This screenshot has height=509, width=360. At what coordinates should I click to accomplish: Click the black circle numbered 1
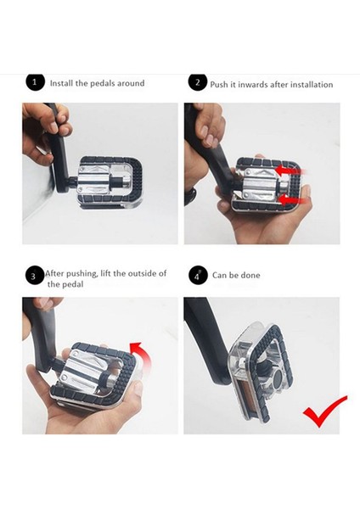(35, 82)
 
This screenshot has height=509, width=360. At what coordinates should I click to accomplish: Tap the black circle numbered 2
(198, 82)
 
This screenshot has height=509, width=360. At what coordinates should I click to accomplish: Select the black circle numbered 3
(35, 276)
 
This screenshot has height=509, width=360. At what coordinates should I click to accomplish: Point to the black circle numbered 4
(198, 276)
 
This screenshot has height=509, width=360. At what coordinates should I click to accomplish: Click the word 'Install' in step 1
(61, 83)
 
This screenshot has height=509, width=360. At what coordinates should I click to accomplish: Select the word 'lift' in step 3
(106, 273)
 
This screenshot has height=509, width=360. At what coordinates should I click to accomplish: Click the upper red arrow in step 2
(290, 170)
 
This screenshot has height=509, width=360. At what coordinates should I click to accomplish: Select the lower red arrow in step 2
(293, 201)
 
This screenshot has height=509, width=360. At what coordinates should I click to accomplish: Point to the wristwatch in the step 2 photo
(190, 196)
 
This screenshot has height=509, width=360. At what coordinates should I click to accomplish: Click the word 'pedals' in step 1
(103, 83)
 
